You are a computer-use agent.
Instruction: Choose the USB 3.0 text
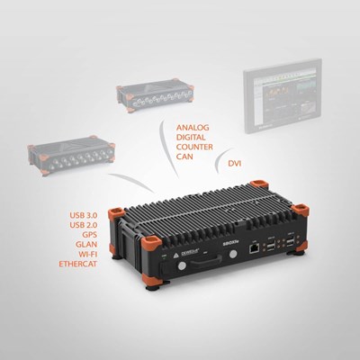point(86,216)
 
